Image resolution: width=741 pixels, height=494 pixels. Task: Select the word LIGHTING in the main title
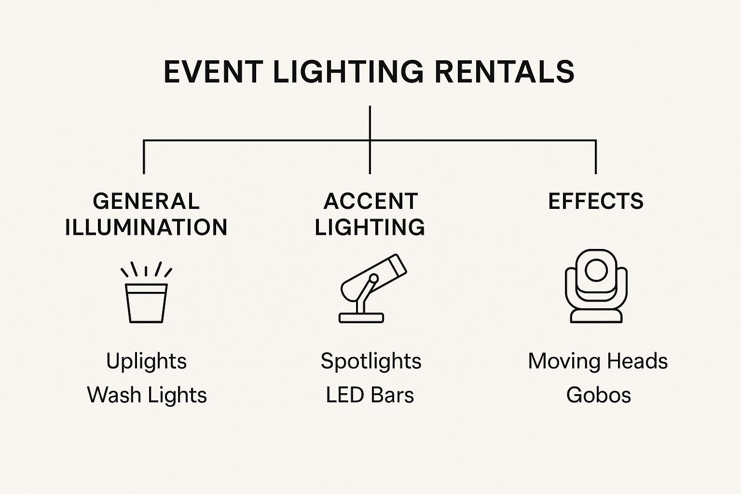click(348, 72)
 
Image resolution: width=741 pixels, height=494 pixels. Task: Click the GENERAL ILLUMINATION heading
click(146, 214)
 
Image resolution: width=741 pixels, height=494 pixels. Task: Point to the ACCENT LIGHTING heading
click(370, 214)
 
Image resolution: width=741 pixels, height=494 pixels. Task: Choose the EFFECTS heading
click(596, 201)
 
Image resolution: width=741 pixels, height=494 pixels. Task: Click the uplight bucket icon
click(146, 302)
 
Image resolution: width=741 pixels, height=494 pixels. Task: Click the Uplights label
click(146, 361)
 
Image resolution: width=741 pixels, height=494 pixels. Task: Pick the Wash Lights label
click(147, 395)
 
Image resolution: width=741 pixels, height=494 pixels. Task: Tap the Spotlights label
click(371, 361)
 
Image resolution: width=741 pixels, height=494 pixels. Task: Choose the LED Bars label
click(370, 395)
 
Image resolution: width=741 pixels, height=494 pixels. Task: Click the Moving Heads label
click(598, 361)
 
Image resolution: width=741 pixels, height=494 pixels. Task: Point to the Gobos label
click(598, 395)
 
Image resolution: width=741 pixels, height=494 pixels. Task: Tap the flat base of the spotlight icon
click(361, 317)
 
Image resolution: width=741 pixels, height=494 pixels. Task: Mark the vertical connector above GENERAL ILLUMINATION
click(144, 157)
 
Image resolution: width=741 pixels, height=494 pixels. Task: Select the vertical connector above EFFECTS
click(596, 157)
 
